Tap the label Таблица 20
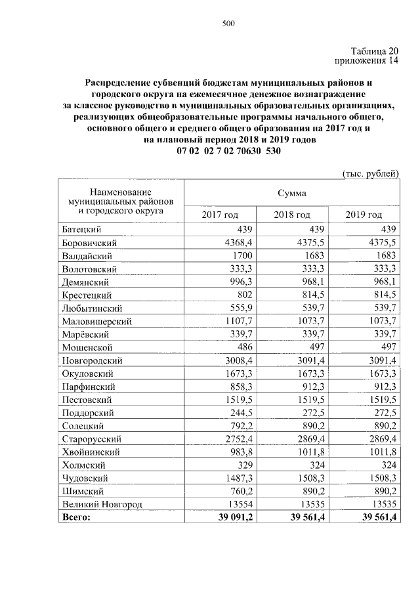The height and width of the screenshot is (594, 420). pos(374,51)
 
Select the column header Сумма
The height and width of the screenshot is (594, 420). pos(291,194)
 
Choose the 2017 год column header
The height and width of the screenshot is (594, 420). pos(220,215)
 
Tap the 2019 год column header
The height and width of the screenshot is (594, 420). pos(364,215)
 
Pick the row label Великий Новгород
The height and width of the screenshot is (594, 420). pos(102,504)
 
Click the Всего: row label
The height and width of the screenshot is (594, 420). pos(76,517)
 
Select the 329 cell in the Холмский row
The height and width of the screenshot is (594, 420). pos(245,465)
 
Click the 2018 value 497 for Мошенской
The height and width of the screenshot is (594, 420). pos(316,347)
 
